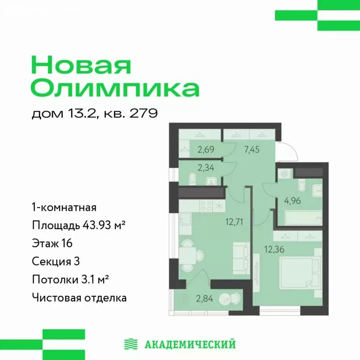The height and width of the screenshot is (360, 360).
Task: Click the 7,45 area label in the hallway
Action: tap(252, 150)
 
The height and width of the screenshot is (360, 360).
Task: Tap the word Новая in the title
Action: tap(81, 66)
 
